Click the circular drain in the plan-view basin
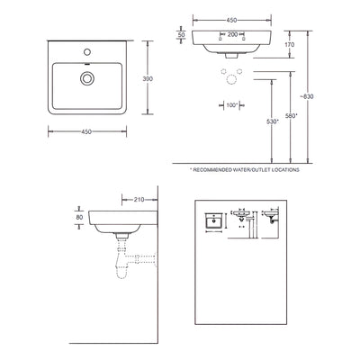click(x=86, y=78)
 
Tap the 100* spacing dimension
click(x=231, y=104)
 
